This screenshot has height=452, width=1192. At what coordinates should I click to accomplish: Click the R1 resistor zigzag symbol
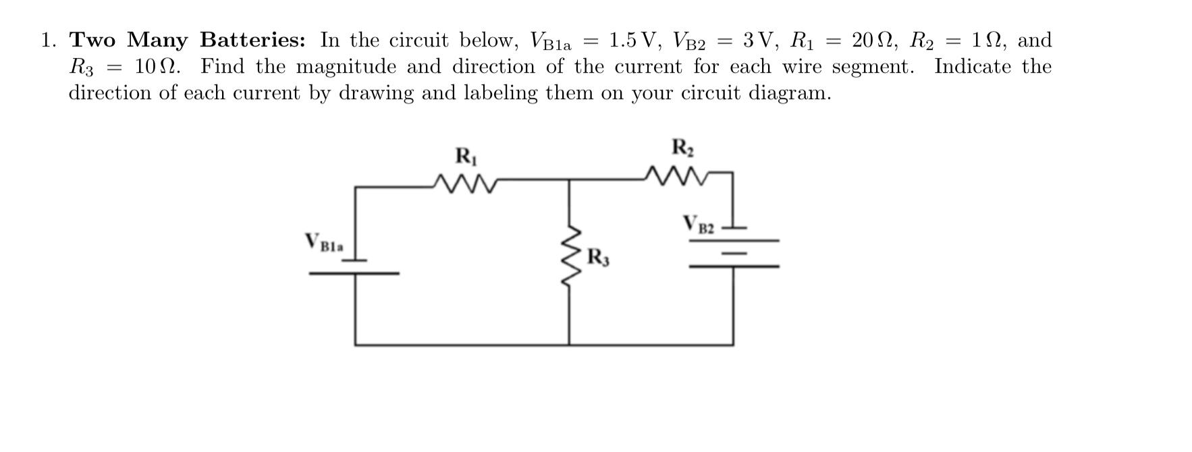pos(466,182)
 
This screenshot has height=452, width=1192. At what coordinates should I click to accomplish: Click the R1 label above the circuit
pos(466,157)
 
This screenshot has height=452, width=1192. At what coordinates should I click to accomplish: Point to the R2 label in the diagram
pos(682,147)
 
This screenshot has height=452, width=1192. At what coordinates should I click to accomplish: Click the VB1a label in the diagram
pos(324,243)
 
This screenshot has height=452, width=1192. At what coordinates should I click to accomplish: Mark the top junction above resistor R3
pos(569,181)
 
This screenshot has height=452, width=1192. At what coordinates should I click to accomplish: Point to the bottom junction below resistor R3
pos(569,345)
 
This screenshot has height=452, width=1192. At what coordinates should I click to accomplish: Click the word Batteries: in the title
pos(252,40)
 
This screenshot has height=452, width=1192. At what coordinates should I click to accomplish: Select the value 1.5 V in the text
pos(631,40)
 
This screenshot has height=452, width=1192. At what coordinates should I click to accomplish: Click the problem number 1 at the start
pos(47,40)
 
